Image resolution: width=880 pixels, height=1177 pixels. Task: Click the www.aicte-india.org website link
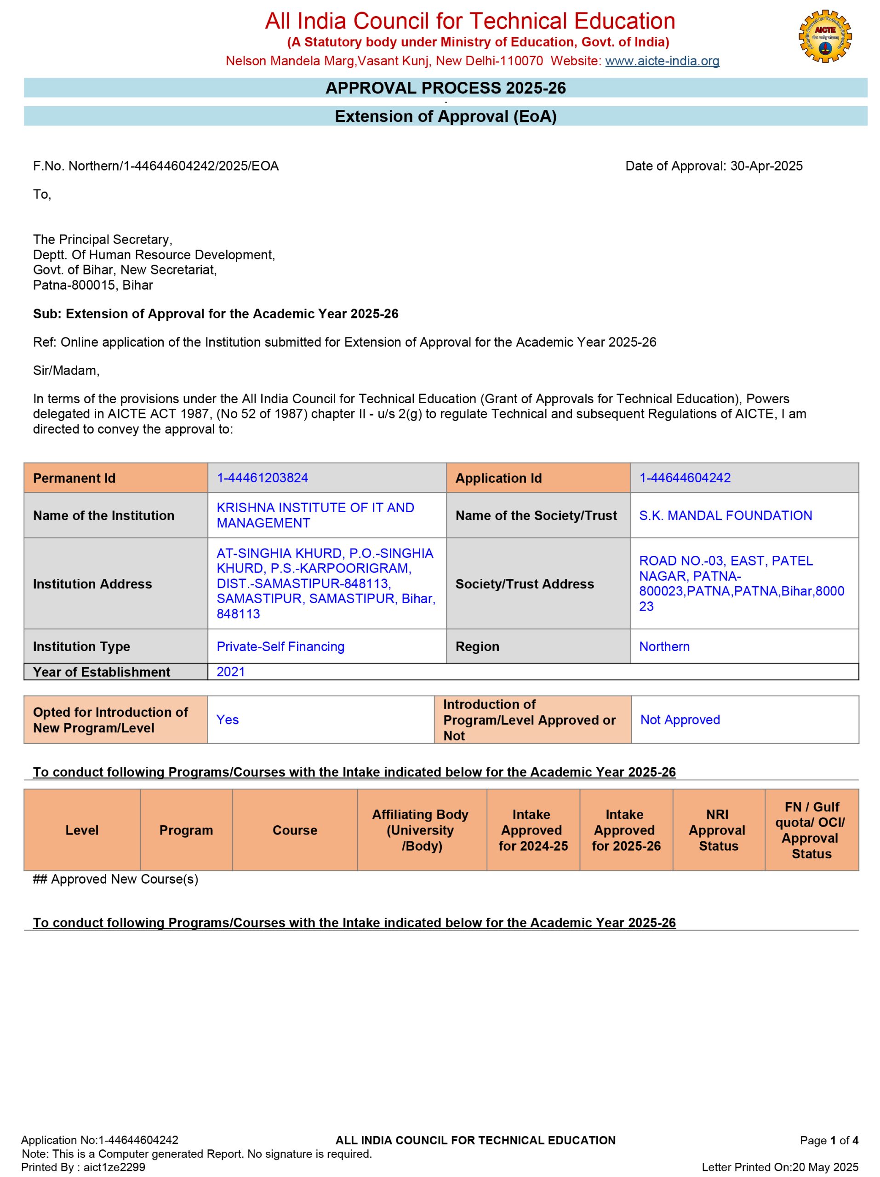(x=662, y=61)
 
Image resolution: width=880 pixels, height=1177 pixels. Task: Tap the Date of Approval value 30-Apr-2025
(x=766, y=166)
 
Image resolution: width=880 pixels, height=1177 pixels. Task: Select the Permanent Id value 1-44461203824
(x=262, y=478)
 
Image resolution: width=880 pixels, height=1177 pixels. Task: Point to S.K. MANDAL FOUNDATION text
(x=725, y=515)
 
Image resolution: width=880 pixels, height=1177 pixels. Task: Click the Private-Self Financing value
(x=280, y=646)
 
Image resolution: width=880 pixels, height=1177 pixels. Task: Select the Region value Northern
(x=664, y=646)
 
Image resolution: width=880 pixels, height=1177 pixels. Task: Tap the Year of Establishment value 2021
(x=230, y=672)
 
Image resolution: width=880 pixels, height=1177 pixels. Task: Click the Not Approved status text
(x=680, y=720)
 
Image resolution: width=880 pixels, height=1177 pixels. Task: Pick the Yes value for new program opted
(x=227, y=720)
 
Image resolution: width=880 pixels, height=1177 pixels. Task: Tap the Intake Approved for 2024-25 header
(x=532, y=829)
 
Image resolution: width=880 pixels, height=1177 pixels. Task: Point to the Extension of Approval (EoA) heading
(x=446, y=116)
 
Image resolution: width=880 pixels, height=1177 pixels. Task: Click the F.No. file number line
(x=156, y=166)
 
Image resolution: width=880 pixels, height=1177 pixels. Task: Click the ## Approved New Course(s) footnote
(x=115, y=879)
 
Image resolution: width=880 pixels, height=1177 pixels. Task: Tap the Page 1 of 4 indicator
(x=829, y=1140)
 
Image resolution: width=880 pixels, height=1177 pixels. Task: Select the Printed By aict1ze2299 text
(x=83, y=1167)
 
